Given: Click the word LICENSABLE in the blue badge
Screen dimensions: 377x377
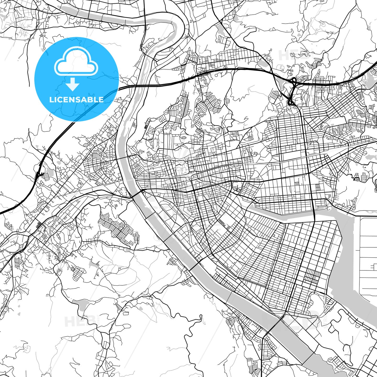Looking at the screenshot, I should (76, 99).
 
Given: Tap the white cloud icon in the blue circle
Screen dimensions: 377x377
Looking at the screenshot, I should (76, 63).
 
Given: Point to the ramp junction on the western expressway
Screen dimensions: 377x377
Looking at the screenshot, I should (38, 173).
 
